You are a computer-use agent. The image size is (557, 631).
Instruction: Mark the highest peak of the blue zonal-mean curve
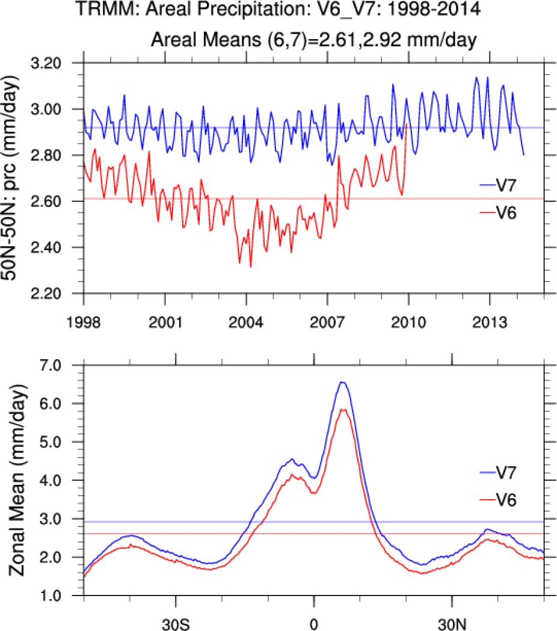[x=343, y=382]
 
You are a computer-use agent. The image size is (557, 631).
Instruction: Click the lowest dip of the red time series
[x=250, y=266]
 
